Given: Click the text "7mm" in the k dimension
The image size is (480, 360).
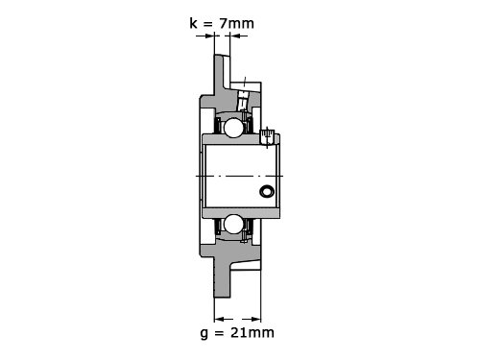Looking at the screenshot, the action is pyautogui.click(x=236, y=23).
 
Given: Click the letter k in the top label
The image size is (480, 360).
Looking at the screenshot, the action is pyautogui.click(x=193, y=23).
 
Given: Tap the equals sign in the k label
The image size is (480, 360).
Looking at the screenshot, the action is pyautogui.click(x=207, y=24).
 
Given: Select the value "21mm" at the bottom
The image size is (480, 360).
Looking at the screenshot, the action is pyautogui.click(x=252, y=332).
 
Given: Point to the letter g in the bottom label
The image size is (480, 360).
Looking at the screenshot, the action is pyautogui.click(x=204, y=334).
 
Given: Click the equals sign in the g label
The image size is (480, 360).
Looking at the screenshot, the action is pyautogui.click(x=219, y=333).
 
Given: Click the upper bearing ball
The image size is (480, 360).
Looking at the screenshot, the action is pyautogui.click(x=233, y=128).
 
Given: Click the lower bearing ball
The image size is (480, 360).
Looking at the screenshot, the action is pyautogui.click(x=232, y=224).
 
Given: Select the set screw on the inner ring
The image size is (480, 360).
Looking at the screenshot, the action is pyautogui.click(x=267, y=137).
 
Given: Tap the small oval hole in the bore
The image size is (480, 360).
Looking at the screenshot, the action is pyautogui.click(x=267, y=191).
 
